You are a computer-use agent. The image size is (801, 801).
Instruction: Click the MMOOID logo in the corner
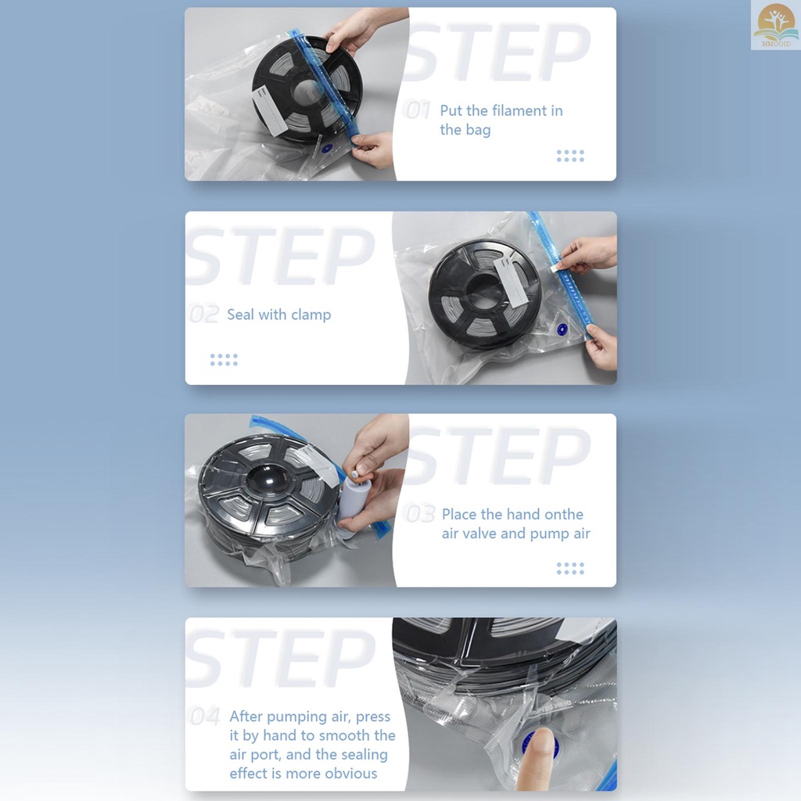click(x=775, y=25)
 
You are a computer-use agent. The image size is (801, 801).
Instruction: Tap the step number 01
click(x=418, y=110)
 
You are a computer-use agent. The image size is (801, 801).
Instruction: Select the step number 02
click(x=204, y=314)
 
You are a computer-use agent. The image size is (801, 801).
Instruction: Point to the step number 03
click(x=419, y=514)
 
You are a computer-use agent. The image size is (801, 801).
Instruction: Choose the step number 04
click(x=205, y=717)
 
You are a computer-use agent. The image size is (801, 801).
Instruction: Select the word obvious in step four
click(x=351, y=774)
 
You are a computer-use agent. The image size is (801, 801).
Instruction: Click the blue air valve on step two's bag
click(x=562, y=330)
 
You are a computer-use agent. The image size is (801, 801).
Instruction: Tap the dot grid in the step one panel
click(x=570, y=156)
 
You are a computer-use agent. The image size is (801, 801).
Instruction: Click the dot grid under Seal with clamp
click(x=224, y=360)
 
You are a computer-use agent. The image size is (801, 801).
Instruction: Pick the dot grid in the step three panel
click(x=570, y=569)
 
